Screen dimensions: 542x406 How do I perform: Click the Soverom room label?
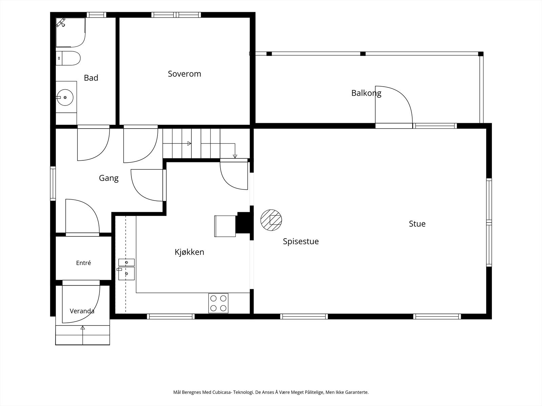click(185, 74)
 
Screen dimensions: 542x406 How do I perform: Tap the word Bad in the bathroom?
click(91, 78)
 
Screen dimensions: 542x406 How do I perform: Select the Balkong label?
click(366, 93)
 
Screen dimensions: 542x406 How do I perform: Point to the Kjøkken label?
click(189, 252)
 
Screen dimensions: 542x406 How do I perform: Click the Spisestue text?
click(301, 241)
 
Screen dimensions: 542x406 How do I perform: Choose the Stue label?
click(417, 224)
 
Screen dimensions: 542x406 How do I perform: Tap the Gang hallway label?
click(109, 178)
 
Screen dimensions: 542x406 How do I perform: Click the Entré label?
click(83, 263)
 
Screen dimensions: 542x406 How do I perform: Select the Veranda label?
click(82, 311)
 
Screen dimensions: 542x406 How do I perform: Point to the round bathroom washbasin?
click(65, 98)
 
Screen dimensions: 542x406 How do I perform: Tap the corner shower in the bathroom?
click(70, 32)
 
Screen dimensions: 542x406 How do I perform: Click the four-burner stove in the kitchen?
click(218, 303)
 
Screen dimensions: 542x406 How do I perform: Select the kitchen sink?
click(126, 269)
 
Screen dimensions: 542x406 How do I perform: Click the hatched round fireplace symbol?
click(271, 220)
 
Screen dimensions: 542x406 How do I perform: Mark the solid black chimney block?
click(244, 223)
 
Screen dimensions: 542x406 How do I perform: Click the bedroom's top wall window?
click(176, 15)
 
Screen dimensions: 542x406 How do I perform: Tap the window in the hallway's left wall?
click(53, 183)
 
